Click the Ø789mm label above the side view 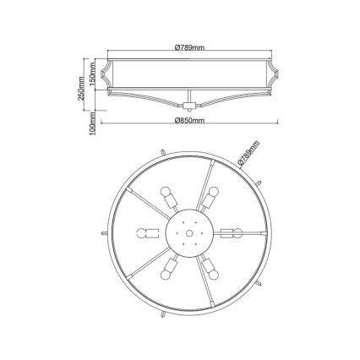(x=185, y=47)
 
